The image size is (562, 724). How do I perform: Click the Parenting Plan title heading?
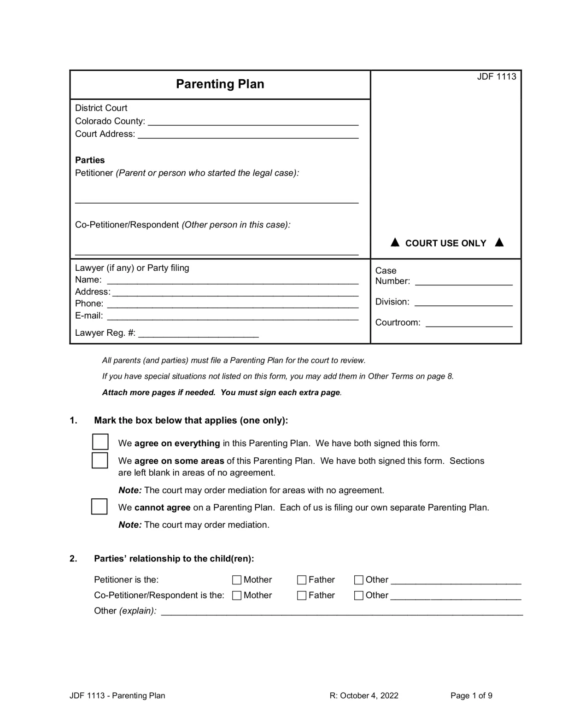[x=220, y=84]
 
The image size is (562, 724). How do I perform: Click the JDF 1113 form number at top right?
[x=496, y=76]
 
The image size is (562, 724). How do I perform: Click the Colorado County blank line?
[x=252, y=122]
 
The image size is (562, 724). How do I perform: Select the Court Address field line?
[x=248, y=135]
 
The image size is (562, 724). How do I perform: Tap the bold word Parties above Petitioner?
[x=90, y=160]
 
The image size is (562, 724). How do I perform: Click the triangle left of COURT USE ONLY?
[x=395, y=242]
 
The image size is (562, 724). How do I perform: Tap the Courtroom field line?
[x=468, y=324]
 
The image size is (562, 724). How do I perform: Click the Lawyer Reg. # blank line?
[x=198, y=334]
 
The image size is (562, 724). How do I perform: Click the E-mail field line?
[x=232, y=317]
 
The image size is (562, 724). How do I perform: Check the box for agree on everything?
[x=100, y=442]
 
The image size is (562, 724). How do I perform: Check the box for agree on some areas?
[x=100, y=460]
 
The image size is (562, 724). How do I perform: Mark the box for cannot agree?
[x=99, y=506]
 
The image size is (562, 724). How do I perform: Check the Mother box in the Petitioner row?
[x=237, y=580]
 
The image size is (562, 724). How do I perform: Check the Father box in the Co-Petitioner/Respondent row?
[x=302, y=596]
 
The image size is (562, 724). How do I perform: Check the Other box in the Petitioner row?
[x=358, y=580]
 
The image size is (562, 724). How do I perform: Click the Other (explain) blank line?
[x=341, y=612]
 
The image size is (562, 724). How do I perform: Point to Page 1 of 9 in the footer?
[x=471, y=695]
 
